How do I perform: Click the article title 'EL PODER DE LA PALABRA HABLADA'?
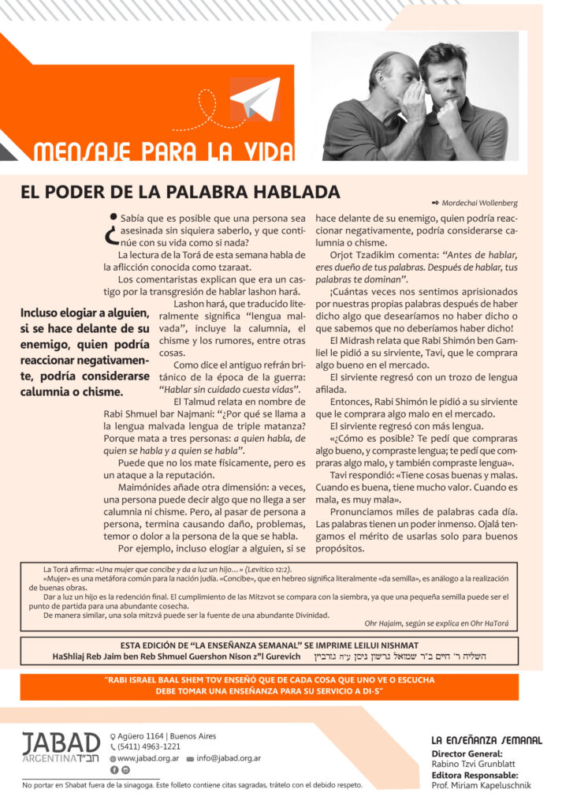coord(181,193)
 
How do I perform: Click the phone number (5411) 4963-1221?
coord(150,746)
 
